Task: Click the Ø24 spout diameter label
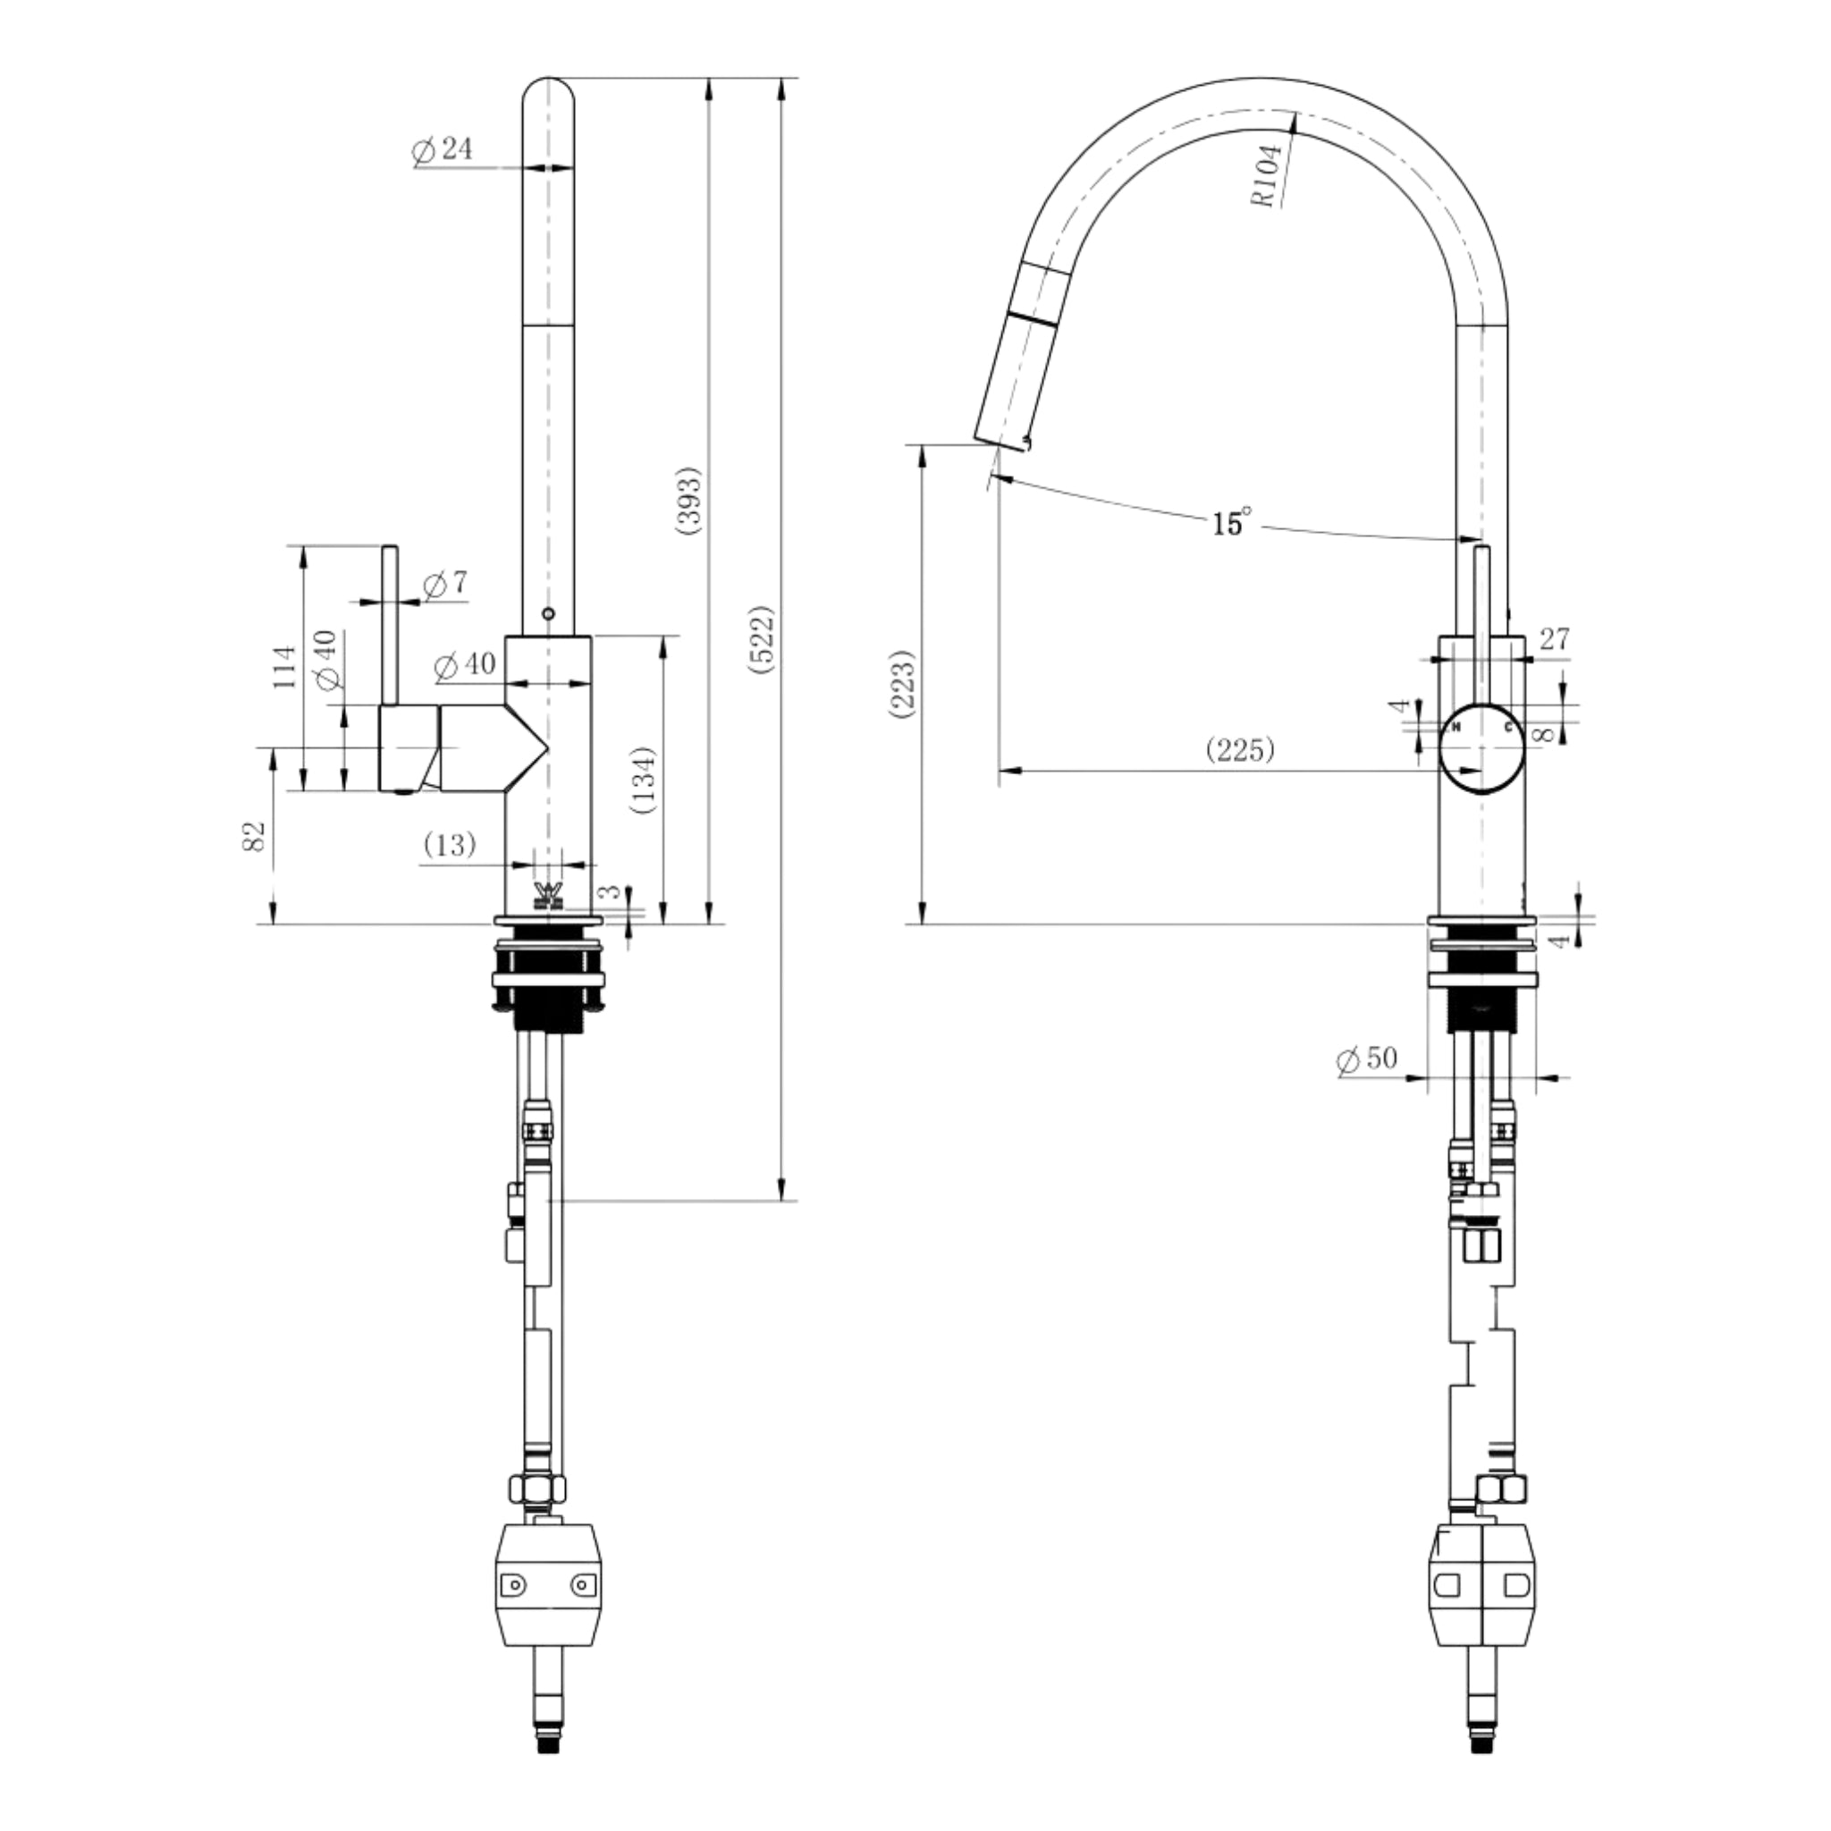[442, 149]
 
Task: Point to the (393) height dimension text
[689, 501]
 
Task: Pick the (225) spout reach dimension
[1241, 749]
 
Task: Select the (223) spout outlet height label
[903, 684]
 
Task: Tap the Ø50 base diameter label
[1367, 1059]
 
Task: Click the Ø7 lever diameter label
[444, 585]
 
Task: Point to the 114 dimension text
[285, 666]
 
